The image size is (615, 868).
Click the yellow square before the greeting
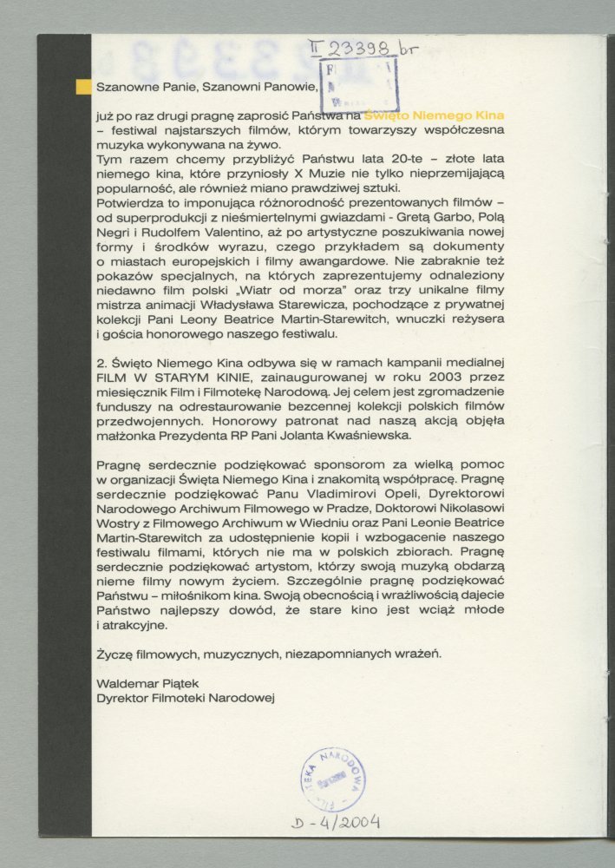click(x=83, y=86)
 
